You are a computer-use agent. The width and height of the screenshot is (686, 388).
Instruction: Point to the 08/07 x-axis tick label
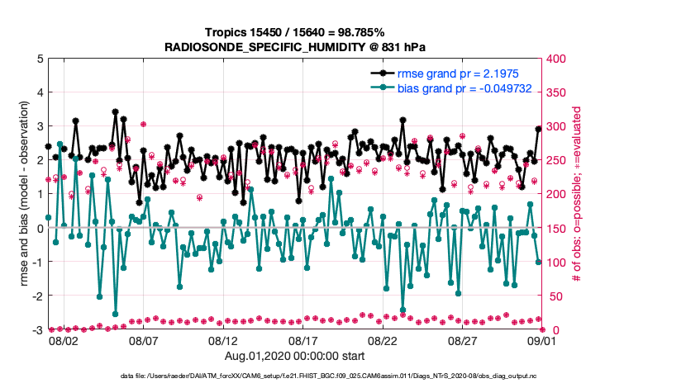click(143, 340)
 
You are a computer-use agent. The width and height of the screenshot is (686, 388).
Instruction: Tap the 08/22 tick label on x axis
click(383, 340)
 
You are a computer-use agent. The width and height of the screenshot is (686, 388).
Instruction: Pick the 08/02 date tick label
click(64, 340)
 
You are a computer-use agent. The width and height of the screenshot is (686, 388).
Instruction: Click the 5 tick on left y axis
click(39, 59)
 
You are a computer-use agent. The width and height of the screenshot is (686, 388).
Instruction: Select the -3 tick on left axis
click(36, 330)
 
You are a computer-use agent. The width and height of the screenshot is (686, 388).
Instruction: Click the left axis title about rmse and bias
click(24, 194)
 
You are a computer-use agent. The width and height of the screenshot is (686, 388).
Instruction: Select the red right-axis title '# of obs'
click(578, 194)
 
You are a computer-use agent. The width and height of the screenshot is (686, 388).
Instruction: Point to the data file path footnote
click(343, 376)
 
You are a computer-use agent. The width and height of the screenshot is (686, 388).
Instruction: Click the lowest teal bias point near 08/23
click(403, 310)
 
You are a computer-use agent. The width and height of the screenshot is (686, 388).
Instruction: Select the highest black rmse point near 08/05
click(115, 111)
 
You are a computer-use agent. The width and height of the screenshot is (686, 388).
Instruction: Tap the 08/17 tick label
click(303, 340)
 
